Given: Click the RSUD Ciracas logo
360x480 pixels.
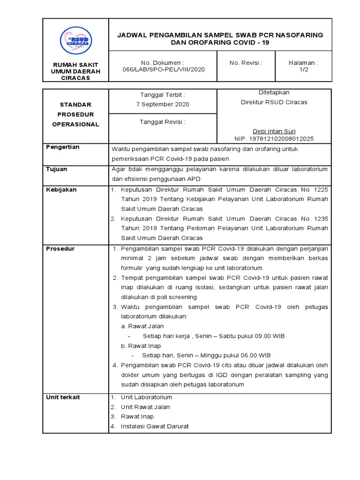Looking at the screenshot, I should click(75, 40).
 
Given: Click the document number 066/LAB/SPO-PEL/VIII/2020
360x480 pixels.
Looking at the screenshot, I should click(163, 69).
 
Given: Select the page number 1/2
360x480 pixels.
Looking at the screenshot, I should click(303, 69).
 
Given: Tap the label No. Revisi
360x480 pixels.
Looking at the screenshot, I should click(246, 63).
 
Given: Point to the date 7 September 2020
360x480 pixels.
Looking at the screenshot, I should click(163, 104).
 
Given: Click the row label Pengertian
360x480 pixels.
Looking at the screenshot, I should click(62, 147).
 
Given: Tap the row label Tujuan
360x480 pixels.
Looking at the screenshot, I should click(56, 169).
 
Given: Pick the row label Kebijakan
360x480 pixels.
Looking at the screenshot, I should click(61, 190).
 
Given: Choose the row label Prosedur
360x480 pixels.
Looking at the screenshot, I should click(60, 248).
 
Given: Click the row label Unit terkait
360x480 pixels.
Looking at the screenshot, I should click(63, 397).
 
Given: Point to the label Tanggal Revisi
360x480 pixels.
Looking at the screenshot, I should click(163, 122).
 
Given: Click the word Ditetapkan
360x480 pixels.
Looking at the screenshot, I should click(274, 93).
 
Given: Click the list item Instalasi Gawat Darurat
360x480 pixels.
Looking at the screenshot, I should click(155, 426).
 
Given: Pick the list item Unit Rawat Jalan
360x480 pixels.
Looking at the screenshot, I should click(145, 407).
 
